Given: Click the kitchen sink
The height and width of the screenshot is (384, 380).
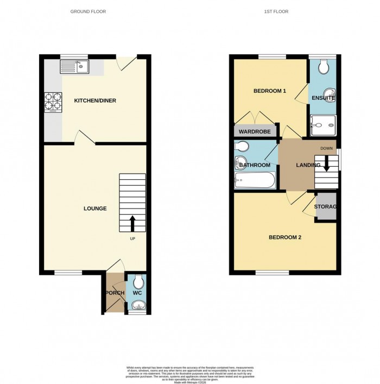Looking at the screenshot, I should point(75,67).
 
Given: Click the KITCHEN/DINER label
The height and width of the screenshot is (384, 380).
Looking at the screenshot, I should point(96,100).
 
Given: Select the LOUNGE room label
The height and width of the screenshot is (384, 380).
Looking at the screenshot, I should point(95,209).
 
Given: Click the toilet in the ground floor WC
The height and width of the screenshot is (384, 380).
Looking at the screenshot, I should point(138,281).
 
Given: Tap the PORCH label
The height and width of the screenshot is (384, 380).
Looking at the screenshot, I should point(115,293).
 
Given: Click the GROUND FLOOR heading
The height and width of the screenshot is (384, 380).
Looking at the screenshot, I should point(88,11).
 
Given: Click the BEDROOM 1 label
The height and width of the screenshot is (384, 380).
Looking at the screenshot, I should point(270,91).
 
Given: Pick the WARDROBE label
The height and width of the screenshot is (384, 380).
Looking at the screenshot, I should point(253,131).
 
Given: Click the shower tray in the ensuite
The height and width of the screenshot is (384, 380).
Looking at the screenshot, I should point(322,125).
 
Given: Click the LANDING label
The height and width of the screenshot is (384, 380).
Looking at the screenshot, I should point(308,165).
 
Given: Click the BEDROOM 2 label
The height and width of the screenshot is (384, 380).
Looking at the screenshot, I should point(285,237).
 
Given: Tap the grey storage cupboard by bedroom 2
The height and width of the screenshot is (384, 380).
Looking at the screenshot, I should point(326,207).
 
